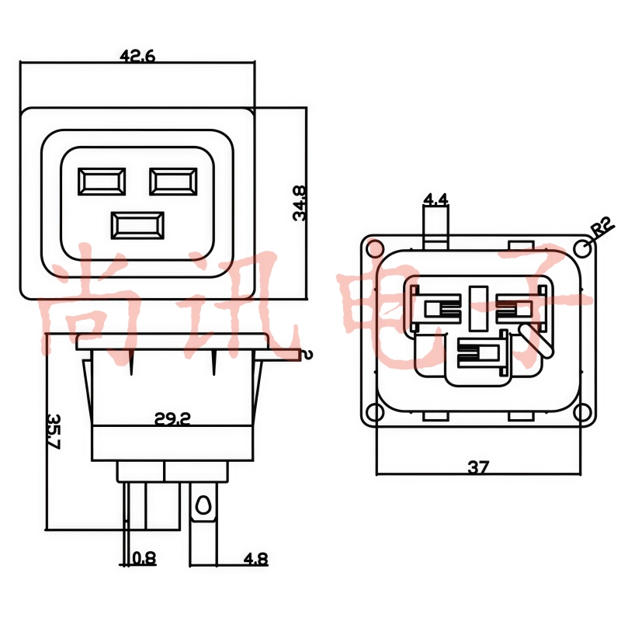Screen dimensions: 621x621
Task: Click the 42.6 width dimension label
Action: pos(137,57)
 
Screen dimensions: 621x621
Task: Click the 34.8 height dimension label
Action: pos(300,203)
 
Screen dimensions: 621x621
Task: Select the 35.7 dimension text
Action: pos(54,432)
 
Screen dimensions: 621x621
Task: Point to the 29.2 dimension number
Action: pos(172,418)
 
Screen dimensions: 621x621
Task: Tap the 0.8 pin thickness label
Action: pos(144,558)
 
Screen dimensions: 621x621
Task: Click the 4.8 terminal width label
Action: pos(255,559)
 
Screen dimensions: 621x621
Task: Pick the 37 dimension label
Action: pos(478,467)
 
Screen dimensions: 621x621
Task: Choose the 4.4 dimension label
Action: pos(435,199)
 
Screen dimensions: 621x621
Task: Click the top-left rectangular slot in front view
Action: pos(102,182)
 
